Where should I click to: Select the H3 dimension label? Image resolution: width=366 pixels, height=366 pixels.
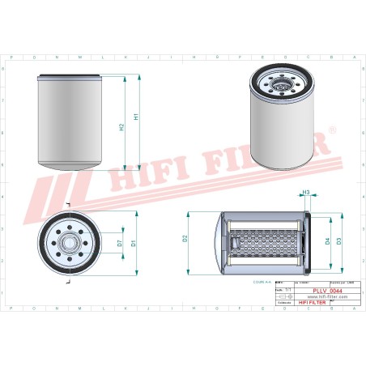pos(306,193)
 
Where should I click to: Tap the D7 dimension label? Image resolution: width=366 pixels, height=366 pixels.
pos(120,242)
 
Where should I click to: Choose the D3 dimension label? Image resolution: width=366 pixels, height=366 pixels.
pos(338,240)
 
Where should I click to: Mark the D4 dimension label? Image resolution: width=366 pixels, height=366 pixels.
pos(326,240)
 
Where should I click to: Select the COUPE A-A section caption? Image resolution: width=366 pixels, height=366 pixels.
pos(264,283)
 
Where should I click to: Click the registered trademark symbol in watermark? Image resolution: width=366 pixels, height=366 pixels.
pos(331,130)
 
